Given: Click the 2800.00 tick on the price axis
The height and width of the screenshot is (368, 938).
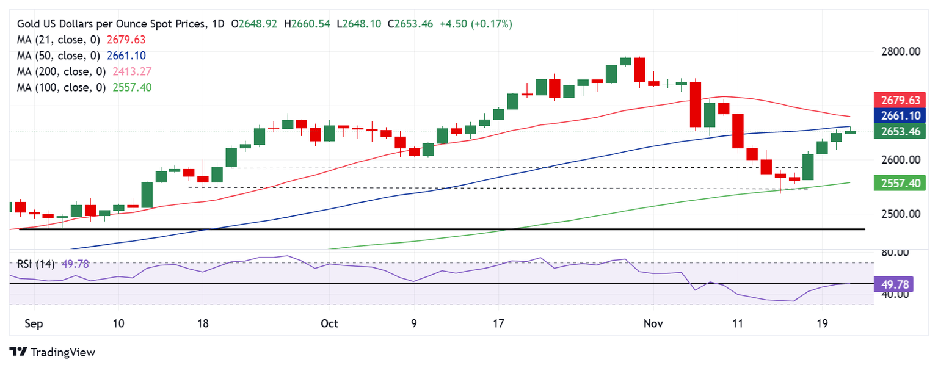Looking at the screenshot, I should [x=901, y=51].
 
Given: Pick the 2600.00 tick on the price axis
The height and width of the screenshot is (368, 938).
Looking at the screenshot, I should [x=901, y=160].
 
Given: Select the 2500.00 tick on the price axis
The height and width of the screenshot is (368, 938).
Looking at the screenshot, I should [x=901, y=214].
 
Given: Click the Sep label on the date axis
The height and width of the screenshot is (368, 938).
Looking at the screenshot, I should [x=34, y=323].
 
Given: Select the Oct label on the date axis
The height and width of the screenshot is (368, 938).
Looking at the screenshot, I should [x=330, y=323].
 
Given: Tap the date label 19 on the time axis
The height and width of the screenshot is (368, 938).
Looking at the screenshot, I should [x=821, y=323].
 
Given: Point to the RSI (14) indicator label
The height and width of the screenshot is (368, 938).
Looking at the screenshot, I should [x=35, y=264].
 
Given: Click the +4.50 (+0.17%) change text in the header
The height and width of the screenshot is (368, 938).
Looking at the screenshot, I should [x=476, y=24].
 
